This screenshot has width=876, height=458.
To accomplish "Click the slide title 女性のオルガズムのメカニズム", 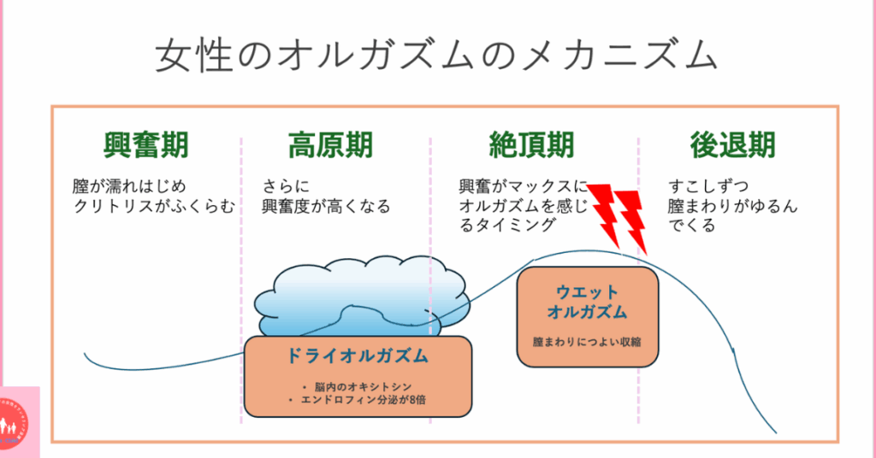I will (436, 56).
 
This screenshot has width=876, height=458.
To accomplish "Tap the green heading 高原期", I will (330, 145).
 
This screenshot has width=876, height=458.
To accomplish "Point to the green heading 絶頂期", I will (530, 145).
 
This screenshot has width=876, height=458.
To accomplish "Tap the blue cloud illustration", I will (359, 295).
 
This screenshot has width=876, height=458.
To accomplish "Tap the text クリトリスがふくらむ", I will (153, 206).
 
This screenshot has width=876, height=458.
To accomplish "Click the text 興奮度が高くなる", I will (326, 206).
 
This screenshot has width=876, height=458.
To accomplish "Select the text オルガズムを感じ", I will (524, 206).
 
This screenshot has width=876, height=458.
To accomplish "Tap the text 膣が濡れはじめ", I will (128, 186).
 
